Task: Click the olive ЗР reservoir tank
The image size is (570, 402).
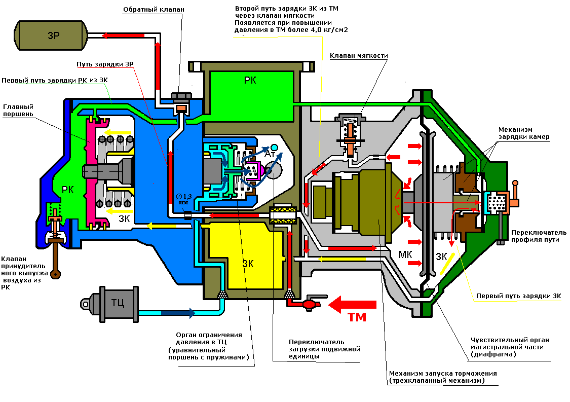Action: coord(51,35)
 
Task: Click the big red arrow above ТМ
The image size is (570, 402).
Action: coord(352,305)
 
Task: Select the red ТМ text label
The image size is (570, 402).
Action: coord(357,317)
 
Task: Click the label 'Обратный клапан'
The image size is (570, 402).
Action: coord(154,10)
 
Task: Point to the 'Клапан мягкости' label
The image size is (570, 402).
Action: coord(359,56)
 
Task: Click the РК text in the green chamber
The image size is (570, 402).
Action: coord(250,80)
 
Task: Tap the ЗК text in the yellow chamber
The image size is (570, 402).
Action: coord(248,264)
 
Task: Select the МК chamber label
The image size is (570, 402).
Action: coord(405,254)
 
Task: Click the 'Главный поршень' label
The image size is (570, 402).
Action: coord(18,110)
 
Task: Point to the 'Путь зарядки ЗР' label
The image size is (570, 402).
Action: coord(105,64)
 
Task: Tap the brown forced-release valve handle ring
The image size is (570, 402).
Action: coord(55,274)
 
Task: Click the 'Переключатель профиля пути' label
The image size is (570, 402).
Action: coord(539,236)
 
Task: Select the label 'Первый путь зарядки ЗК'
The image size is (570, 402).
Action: coord(519,296)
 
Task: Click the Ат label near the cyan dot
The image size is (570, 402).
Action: coord(270,154)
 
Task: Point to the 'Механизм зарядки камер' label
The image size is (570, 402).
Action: coord(524,133)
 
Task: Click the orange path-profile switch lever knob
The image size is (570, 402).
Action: coord(515,184)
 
